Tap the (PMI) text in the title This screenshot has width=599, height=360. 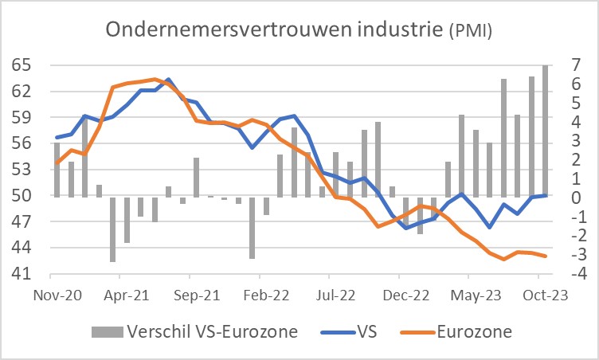click(470, 31)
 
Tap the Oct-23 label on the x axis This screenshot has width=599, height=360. click(544, 294)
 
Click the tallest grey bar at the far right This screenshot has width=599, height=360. click(546, 131)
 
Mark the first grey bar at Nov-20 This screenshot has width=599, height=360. click(57, 170)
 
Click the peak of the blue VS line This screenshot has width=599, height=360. click(168, 80)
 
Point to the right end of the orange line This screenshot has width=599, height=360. click(546, 256)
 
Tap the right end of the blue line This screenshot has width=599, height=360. click(546, 195)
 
